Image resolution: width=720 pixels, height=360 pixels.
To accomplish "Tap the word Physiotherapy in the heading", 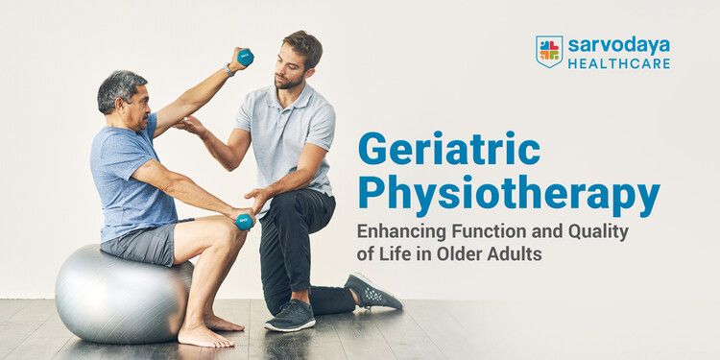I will pos(509,196).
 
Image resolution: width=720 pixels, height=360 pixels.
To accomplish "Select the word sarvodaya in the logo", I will pos(616,45).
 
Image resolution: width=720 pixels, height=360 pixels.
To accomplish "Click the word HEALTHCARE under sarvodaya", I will pos(616,63).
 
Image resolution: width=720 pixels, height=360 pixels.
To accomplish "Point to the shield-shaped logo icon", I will pos(549,52).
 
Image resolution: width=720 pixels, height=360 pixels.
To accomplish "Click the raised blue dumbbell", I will pos(245,58).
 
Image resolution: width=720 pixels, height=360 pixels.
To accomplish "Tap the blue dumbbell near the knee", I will pos(244,221).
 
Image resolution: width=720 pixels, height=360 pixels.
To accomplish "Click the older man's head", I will pos(123,96).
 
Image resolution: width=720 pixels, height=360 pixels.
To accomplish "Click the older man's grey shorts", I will pos(144,242).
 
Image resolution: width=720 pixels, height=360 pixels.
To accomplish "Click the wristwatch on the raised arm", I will pos(230,69).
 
